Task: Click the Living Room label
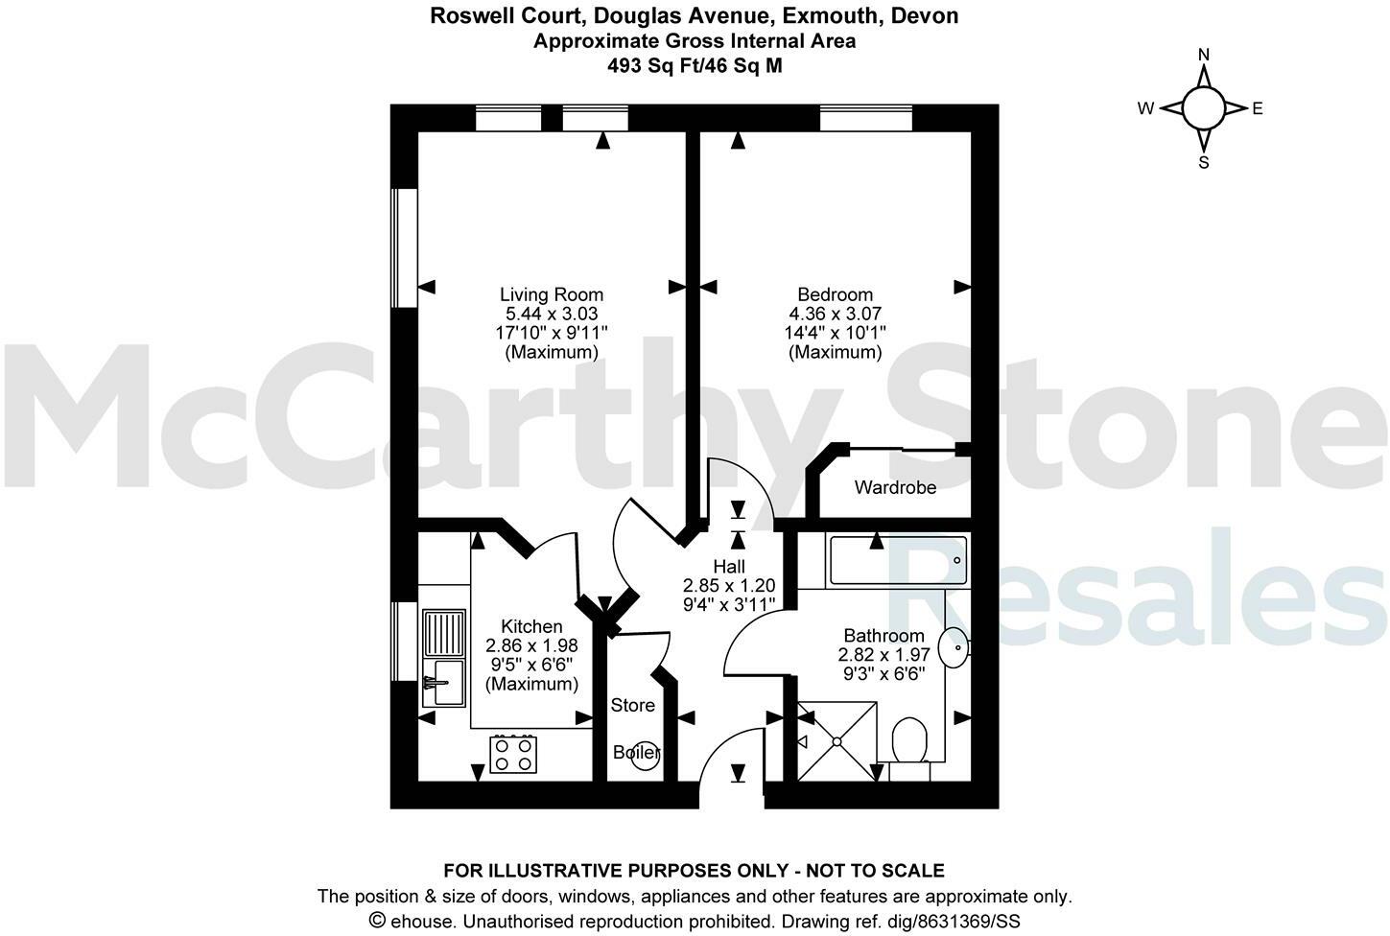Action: (552, 294)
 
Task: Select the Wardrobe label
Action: (895, 487)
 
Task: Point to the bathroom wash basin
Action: (954, 648)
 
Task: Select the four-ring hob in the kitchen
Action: (513, 753)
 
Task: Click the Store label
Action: (633, 705)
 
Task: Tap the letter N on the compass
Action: (1204, 55)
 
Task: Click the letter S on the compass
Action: (1203, 163)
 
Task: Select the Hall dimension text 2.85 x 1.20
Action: (728, 585)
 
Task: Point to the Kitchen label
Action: (531, 626)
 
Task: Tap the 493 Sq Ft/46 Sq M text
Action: (695, 65)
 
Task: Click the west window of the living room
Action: (404, 247)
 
